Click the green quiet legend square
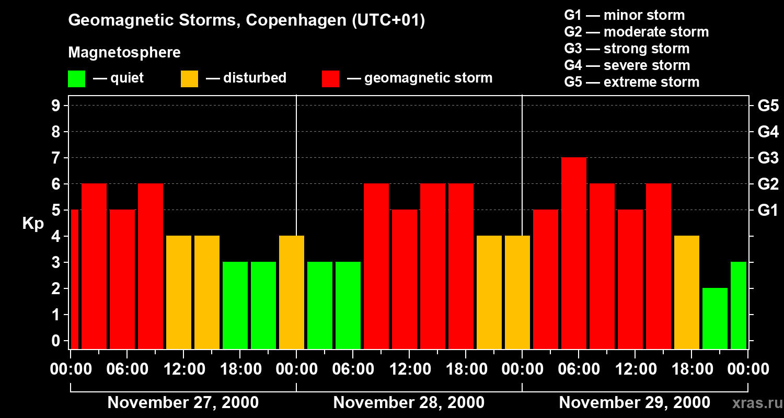(76, 78)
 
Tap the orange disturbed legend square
(189, 78)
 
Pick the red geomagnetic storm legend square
(330, 78)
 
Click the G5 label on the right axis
(768, 106)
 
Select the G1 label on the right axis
(768, 211)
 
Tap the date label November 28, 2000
(409, 403)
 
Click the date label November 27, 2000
(183, 403)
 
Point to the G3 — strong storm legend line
(627, 49)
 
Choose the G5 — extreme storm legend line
(631, 82)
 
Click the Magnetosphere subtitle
(124, 53)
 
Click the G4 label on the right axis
(768, 132)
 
